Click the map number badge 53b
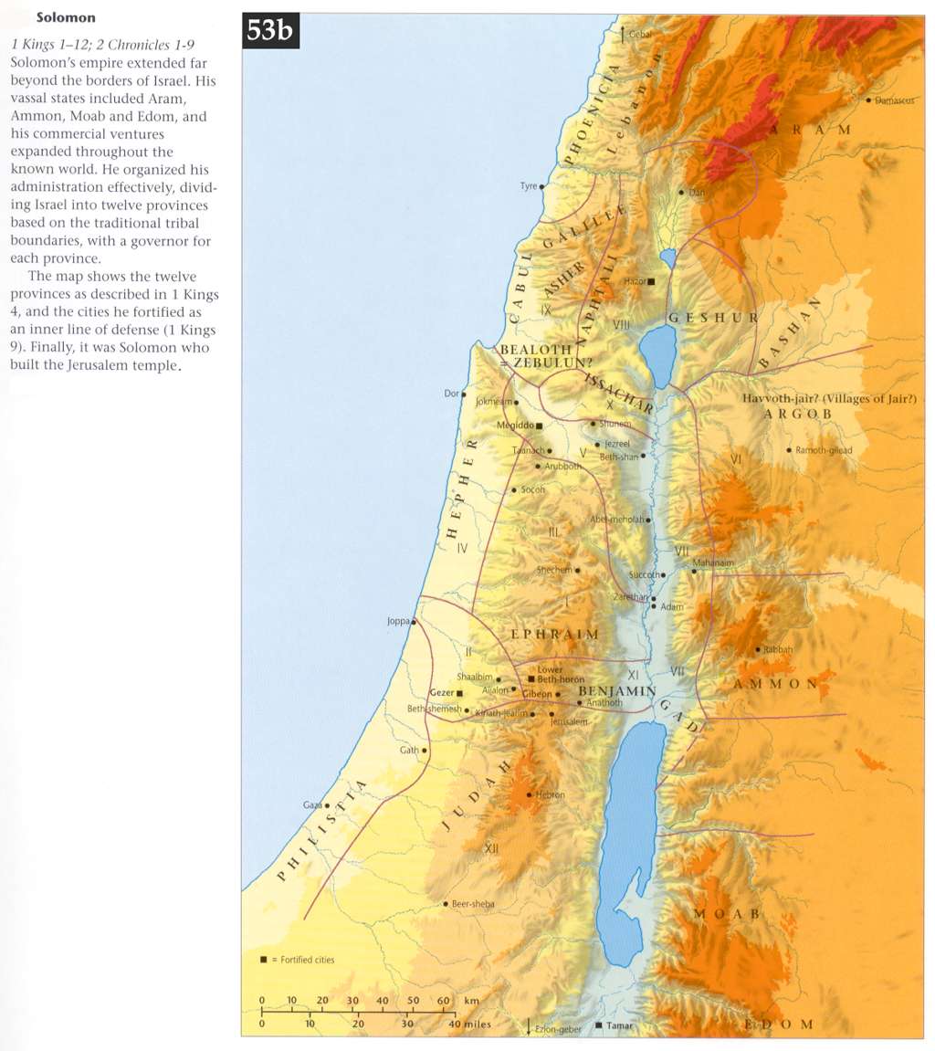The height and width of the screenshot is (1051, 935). (267, 32)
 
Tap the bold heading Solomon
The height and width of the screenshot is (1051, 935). (66, 17)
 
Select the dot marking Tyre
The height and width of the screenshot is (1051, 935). (542, 186)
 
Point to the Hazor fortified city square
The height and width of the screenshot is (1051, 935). (651, 282)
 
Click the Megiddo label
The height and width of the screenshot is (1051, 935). (514, 426)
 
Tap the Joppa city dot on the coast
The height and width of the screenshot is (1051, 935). (414, 622)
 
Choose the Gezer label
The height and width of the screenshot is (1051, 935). (442, 693)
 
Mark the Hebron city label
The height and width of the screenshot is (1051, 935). (551, 795)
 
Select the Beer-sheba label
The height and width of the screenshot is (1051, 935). (473, 904)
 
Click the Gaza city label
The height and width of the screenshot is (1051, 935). (311, 805)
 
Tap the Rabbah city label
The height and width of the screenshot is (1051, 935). (778, 649)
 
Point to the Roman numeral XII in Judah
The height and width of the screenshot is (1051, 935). (491, 848)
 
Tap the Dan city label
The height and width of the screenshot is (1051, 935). (698, 193)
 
